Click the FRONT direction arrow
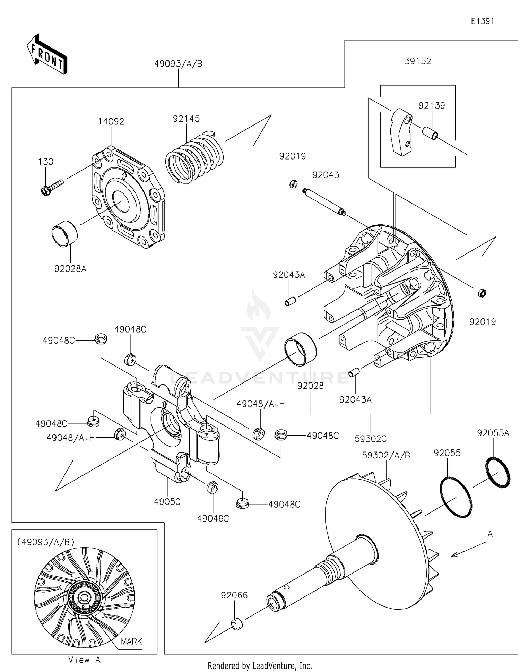[47, 54]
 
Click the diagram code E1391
[482, 21]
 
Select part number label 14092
[111, 122]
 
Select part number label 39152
[418, 61]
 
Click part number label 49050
[167, 502]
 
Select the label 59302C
[370, 439]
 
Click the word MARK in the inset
[131, 641]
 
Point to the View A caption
[84, 660]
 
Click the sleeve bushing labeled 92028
[300, 349]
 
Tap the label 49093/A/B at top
[178, 64]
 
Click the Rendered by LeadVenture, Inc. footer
[260, 665]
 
